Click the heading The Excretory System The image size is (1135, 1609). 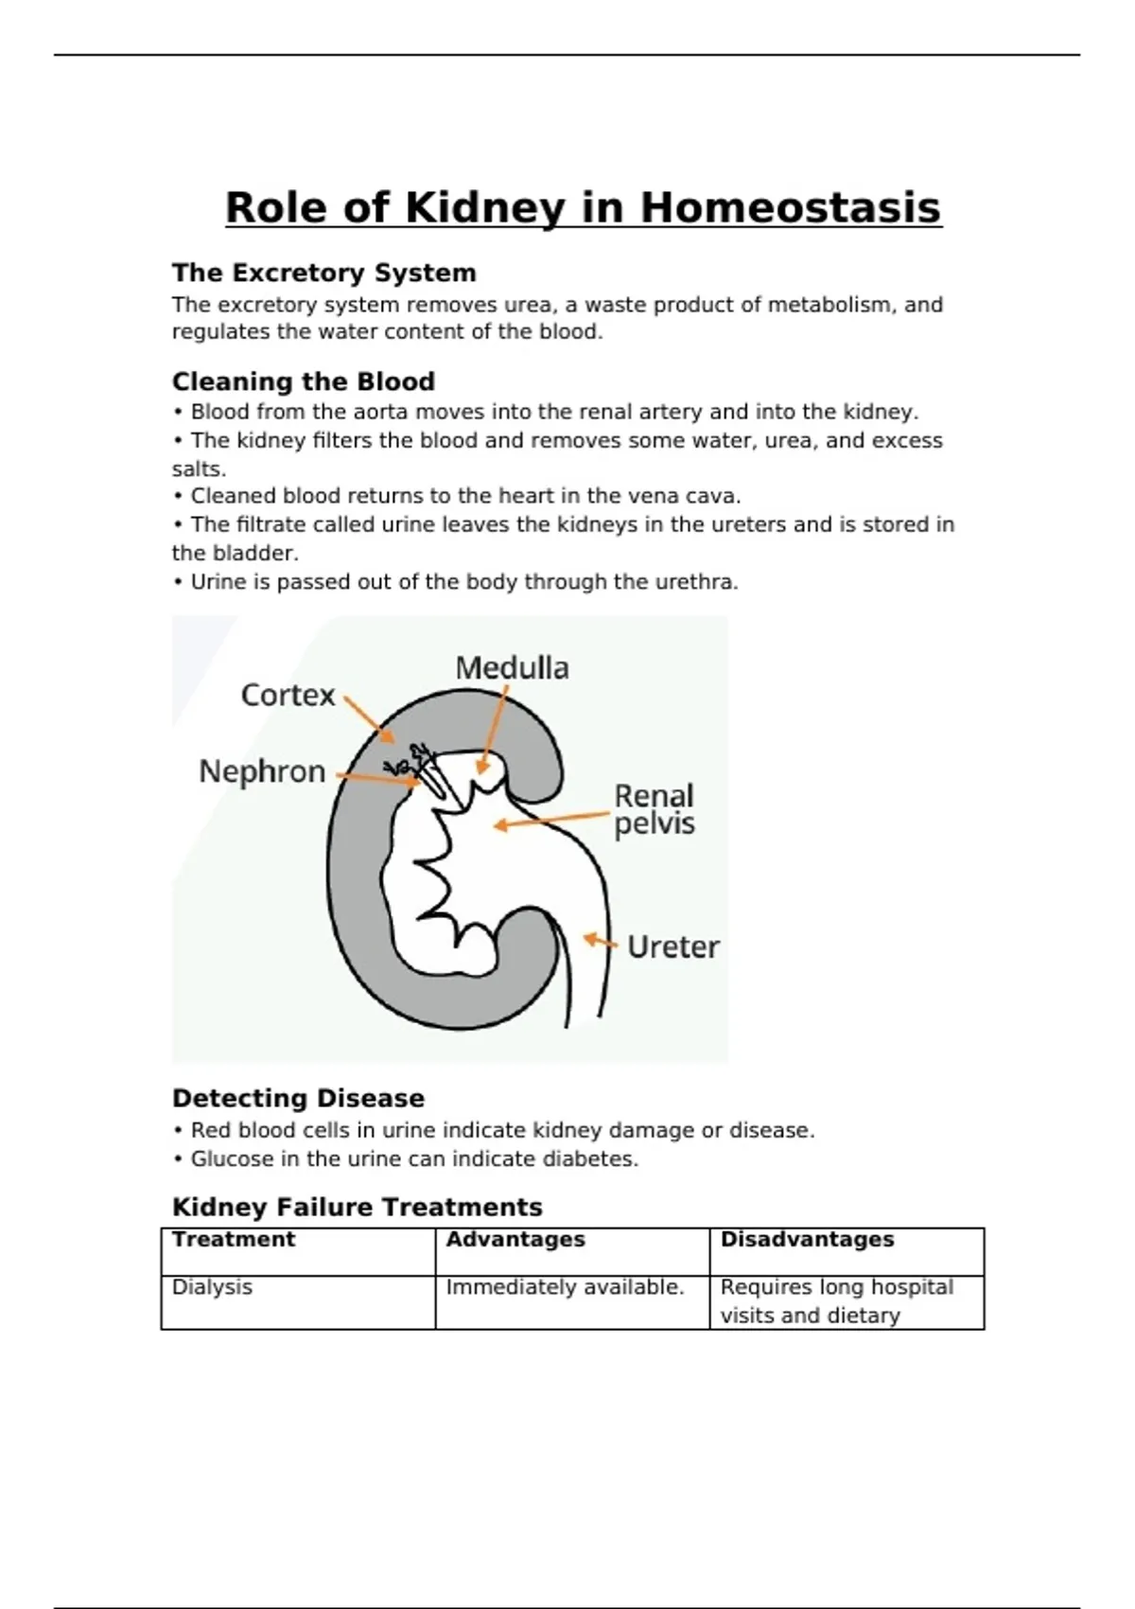pyautogui.click(x=323, y=273)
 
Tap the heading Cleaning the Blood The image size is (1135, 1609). pyautogui.click(x=303, y=381)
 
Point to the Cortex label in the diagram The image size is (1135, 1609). pyautogui.click(x=288, y=696)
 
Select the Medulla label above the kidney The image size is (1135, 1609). pyautogui.click(x=512, y=668)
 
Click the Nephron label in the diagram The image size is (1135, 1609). pyautogui.click(x=262, y=771)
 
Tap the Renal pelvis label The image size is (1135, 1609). pyautogui.click(x=654, y=809)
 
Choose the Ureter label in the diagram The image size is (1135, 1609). pyautogui.click(x=672, y=946)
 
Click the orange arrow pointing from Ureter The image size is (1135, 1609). pyautogui.click(x=600, y=941)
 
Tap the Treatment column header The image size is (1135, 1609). pyautogui.click(x=234, y=1239)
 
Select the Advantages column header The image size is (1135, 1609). pyautogui.click(x=515, y=1239)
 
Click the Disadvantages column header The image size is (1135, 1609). pyautogui.click(x=807, y=1239)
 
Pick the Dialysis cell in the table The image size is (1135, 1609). pyautogui.click(x=212, y=1287)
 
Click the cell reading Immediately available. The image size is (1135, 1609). pyautogui.click(x=565, y=1287)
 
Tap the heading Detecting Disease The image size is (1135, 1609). pyautogui.click(x=298, y=1098)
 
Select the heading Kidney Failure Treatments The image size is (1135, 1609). pyautogui.click(x=357, y=1207)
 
